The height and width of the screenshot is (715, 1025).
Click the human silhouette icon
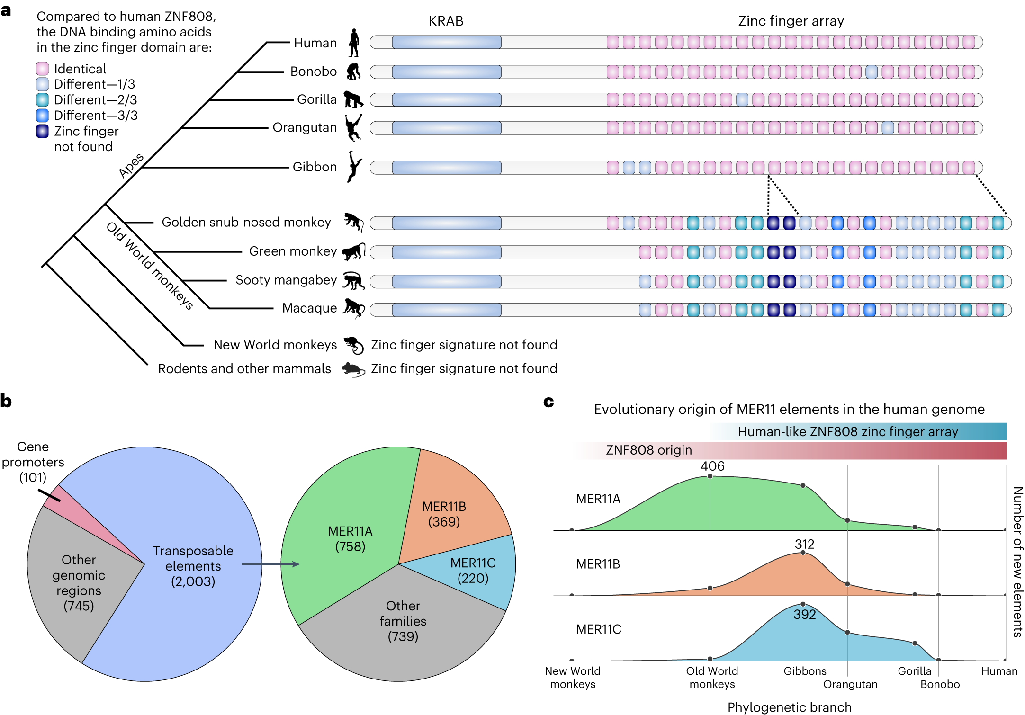354,43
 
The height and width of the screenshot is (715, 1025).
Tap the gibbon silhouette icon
353,167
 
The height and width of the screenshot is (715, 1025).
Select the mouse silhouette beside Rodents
353,369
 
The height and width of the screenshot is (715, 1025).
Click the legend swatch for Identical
42,69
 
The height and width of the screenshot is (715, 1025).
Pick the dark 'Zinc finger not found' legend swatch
42,131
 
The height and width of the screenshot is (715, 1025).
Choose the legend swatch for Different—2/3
42,100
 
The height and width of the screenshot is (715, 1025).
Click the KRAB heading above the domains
446,21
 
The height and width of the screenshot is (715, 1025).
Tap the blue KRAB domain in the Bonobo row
446,72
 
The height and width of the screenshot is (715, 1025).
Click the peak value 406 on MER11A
712,466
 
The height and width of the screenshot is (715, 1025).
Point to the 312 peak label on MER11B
804,545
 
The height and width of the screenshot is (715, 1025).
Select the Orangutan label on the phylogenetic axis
850,684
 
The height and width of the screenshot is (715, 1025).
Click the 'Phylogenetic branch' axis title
789,707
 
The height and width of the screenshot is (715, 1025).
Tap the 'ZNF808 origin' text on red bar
649,450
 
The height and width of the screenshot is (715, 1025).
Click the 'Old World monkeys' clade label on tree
150,266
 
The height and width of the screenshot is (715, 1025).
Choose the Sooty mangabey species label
286,280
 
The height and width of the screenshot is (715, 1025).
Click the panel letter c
548,402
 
